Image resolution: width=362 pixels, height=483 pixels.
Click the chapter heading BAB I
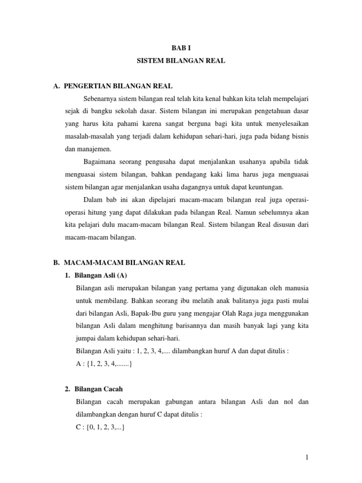[181, 48]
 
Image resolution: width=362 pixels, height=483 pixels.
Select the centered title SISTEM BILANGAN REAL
[181, 61]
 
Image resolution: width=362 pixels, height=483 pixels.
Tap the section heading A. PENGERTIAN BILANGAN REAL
[114, 86]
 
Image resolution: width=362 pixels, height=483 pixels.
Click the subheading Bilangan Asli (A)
[101, 275]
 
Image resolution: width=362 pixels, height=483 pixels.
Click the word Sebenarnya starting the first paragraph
[102, 99]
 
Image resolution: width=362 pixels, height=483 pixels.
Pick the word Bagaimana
[101, 162]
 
